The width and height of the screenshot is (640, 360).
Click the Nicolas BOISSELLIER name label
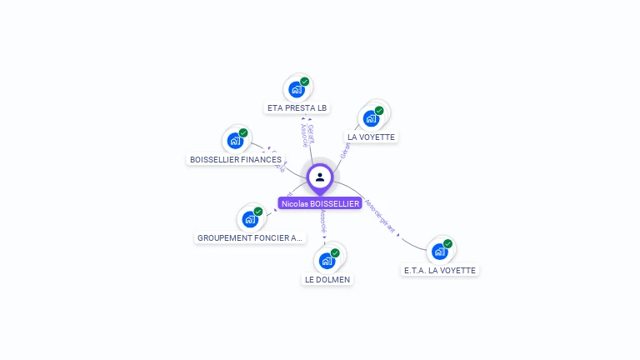[320, 203]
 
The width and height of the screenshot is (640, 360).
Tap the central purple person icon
[320, 177]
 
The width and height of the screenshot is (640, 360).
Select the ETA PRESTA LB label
[297, 108]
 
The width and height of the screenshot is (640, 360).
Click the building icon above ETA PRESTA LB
[296, 89]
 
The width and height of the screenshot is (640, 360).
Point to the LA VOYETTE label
[372, 137]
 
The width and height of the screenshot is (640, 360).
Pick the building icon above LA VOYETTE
[371, 117]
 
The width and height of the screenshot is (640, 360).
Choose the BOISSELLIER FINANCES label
[236, 159]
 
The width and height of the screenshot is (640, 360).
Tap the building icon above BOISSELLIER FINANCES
[235, 140]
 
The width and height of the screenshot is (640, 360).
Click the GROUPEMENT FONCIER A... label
[251, 237]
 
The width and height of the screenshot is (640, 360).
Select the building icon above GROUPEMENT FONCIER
[249, 219]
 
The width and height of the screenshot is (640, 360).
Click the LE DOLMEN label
[327, 279]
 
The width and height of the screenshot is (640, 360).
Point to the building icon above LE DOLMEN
[327, 260]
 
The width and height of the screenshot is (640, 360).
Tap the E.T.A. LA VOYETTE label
[440, 270]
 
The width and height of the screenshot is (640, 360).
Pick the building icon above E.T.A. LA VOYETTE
[439, 251]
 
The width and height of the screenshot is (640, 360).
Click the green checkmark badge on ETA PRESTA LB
[305, 82]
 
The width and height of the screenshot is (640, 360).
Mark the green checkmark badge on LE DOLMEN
[335, 252]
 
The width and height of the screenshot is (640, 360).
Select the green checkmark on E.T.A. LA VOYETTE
[447, 244]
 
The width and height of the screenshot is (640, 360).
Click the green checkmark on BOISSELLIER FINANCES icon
[243, 132]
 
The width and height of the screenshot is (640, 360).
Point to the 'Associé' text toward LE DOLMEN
[323, 221]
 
